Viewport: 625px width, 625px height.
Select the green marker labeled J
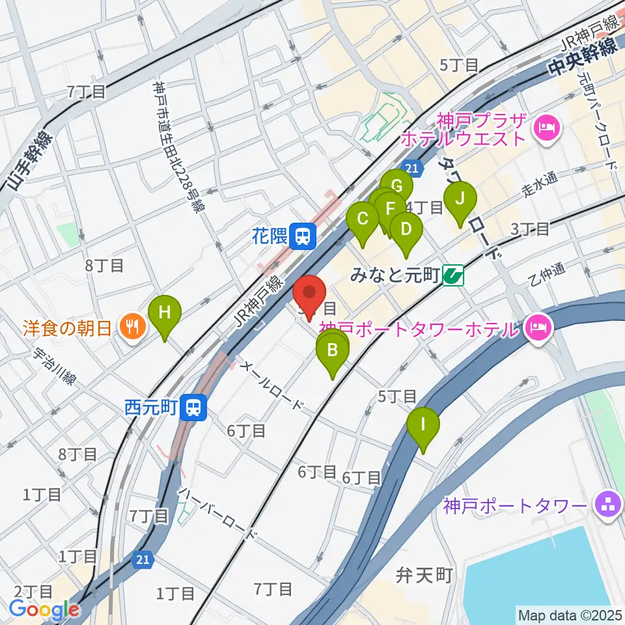(x=460, y=198)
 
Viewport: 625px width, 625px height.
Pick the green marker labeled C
(x=363, y=219)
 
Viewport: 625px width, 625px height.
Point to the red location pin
(x=311, y=296)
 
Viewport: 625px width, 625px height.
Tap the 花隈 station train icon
(x=303, y=235)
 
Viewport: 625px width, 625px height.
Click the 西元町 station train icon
(x=193, y=408)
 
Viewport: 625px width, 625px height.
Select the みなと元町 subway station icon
(x=452, y=276)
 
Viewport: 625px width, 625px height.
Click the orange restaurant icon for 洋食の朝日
(x=133, y=327)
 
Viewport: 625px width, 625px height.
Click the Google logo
(x=44, y=610)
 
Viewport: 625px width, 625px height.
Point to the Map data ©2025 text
(x=570, y=615)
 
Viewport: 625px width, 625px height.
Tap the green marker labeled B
(x=332, y=352)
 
